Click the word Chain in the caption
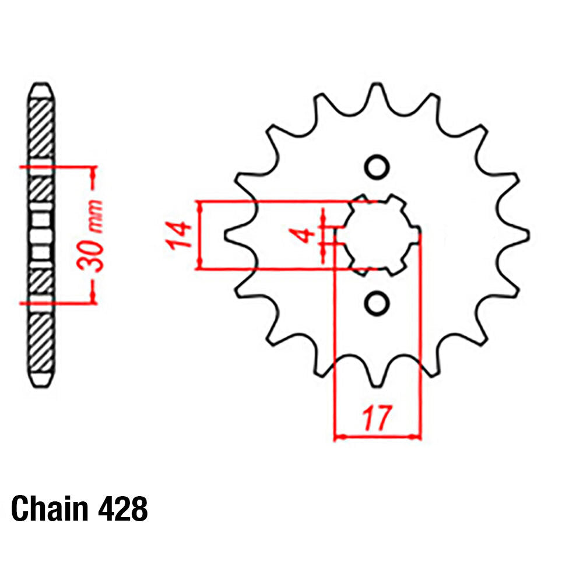48,508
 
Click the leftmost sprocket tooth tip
226,235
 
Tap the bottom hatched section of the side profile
42,344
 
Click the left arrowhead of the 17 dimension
338,436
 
